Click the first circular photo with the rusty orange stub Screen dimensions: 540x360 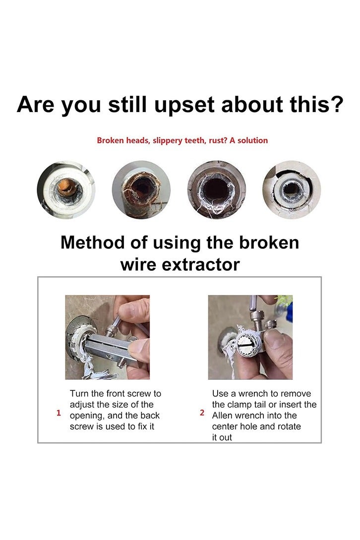coord(66,190)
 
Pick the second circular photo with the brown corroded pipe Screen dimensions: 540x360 coord(141,190)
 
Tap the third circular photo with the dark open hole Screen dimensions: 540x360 coord(217,190)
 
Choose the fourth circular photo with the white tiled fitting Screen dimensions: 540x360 coord(292,190)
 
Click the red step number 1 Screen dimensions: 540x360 coord(59,413)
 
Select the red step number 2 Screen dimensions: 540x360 coord(202,413)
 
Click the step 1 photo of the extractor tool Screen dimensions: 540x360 coord(107,337)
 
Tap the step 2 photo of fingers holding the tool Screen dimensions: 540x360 coord(250,337)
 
